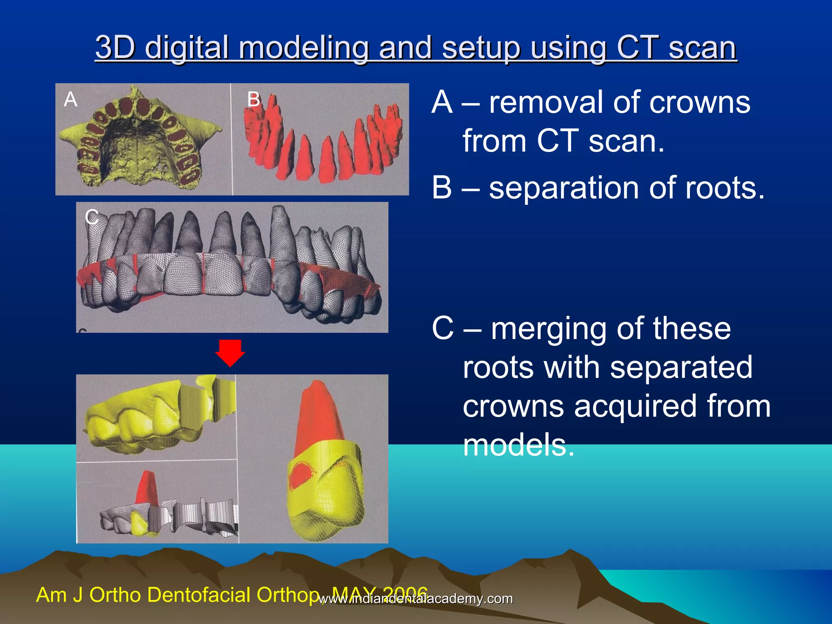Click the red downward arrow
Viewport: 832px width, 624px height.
230,352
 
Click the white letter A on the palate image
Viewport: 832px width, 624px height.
70,100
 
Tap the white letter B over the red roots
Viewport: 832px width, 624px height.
254,100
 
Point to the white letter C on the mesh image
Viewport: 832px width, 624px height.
92,217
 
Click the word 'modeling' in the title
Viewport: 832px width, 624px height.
304,48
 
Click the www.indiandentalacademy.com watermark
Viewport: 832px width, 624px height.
416,599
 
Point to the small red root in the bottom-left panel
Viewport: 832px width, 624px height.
147,487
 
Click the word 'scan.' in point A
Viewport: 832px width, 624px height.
626,141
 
